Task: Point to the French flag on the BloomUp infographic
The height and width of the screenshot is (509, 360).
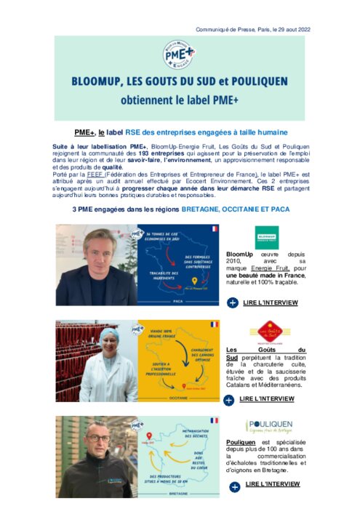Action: tap(213, 228)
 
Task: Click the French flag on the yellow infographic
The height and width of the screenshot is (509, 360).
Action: tap(213, 324)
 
